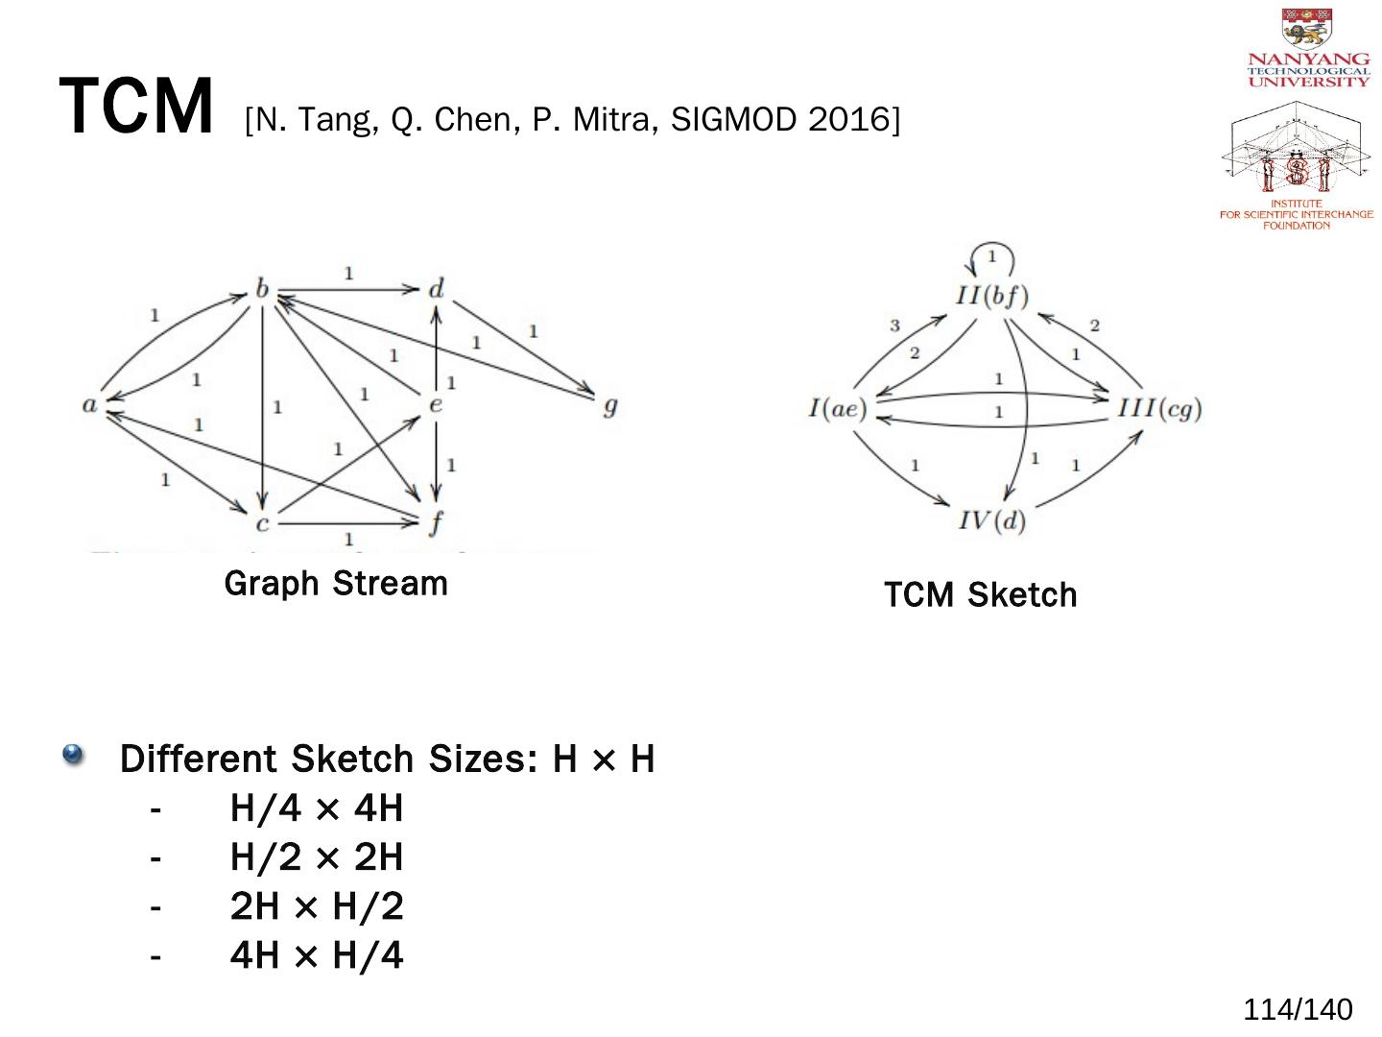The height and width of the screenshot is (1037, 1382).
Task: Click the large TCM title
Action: coord(135,107)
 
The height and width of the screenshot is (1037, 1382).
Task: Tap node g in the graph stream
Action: coord(608,405)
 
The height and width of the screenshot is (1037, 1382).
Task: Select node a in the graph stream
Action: coord(90,404)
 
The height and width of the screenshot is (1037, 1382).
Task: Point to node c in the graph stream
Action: coord(262,523)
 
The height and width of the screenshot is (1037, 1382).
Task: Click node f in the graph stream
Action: coord(437,523)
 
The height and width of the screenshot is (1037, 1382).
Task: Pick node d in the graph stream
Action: coord(437,289)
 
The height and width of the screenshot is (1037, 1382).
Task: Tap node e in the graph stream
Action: coord(436,404)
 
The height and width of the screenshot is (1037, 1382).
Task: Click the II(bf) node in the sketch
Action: coord(991,295)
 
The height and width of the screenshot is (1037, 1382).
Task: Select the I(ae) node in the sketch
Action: coord(837,409)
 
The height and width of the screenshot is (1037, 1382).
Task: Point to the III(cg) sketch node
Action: coord(1159,409)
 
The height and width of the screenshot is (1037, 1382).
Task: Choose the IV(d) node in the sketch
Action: coord(991,520)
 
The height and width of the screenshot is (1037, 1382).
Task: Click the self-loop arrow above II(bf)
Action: coord(991,257)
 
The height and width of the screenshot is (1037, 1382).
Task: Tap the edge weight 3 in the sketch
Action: coord(894,326)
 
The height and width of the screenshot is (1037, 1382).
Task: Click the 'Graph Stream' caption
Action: coord(336,583)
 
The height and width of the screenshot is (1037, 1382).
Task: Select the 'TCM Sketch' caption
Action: coord(980,595)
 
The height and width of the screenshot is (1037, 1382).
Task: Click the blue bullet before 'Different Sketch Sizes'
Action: coord(73,755)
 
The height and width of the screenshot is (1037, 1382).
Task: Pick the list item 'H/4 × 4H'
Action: coord(317,808)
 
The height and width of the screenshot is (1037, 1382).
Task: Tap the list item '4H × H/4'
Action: coord(317,955)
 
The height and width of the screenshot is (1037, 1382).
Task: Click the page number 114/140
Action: coord(1298,1009)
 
